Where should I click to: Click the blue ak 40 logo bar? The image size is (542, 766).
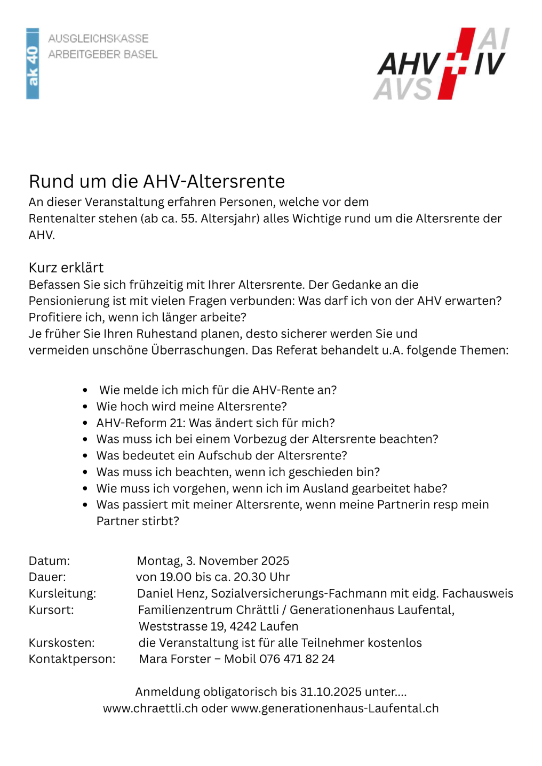coord(33,63)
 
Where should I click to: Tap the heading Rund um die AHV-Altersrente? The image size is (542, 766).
coord(157,182)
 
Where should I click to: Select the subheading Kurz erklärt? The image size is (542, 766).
coord(66,268)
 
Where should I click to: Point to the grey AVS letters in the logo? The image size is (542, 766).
coord(403,88)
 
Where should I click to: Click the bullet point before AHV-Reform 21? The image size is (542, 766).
coord(85,423)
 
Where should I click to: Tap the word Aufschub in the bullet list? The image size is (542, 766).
coord(224,456)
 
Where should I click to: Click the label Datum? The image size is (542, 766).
coord(49,561)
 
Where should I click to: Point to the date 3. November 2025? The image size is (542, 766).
coord(237,561)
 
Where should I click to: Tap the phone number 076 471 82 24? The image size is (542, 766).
coord(297,659)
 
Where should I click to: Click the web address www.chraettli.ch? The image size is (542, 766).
coord(150,708)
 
